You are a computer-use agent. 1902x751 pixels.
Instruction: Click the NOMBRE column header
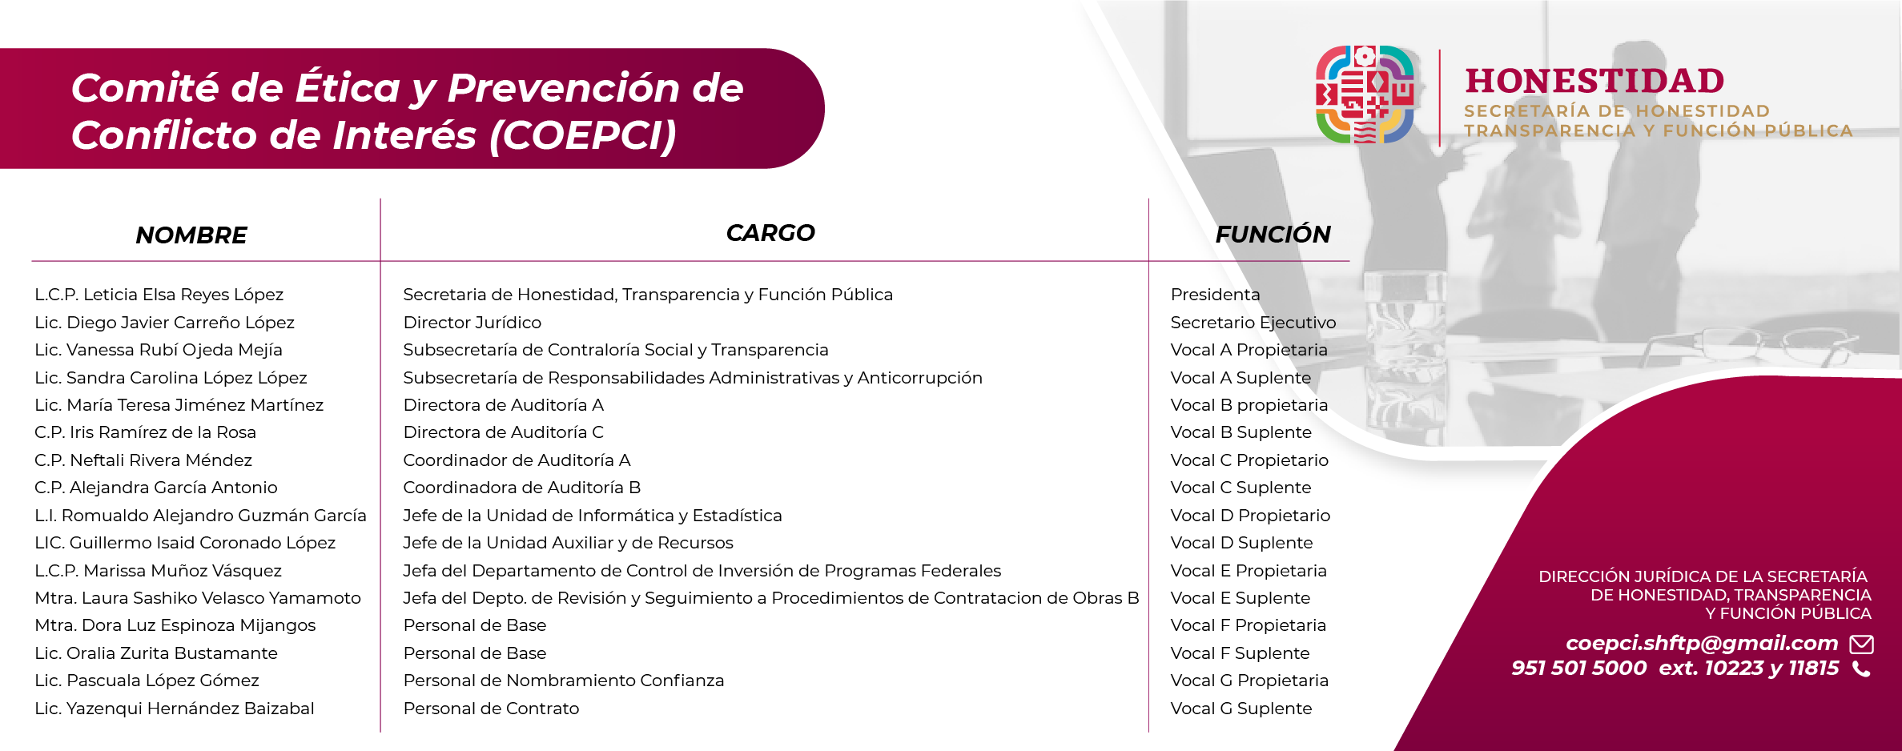191,235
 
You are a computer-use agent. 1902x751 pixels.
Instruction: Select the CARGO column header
770,233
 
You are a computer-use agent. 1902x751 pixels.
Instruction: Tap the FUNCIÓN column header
1273,234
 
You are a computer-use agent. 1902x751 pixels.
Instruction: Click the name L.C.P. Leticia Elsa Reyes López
159,295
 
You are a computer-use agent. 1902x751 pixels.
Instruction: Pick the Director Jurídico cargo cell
472,323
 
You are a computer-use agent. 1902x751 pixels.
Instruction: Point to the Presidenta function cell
1216,295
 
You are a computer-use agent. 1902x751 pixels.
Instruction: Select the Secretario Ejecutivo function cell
1253,323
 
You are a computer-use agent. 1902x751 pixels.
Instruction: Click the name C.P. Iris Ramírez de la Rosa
146,432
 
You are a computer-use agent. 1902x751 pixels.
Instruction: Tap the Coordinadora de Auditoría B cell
522,488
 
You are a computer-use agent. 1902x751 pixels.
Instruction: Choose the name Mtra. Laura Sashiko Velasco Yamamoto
198,598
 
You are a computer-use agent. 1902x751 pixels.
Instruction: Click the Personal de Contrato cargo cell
491,709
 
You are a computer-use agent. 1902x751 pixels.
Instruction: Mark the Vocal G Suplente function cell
1241,709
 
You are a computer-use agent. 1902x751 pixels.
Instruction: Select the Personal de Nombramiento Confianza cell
564,681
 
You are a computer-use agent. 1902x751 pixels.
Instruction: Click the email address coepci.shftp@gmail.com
1702,643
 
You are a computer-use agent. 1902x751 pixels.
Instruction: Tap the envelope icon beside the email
1862,644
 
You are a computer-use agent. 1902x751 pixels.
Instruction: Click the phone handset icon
1862,669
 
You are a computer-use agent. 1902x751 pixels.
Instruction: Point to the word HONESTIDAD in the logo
1594,81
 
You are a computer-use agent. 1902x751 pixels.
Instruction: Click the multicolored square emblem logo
1365,94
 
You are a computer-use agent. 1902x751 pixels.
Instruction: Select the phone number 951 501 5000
1578,668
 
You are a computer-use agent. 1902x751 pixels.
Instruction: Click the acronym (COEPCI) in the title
583,135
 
